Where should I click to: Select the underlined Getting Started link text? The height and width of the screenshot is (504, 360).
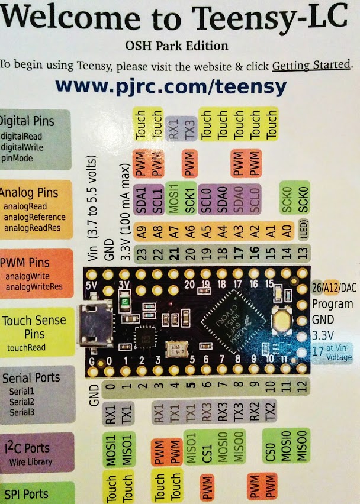[x=311, y=64]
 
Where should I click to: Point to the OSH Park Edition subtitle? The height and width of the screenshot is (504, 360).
[x=176, y=46]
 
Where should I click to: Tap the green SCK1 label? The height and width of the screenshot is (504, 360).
[x=190, y=195]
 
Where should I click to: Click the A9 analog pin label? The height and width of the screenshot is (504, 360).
[x=141, y=232]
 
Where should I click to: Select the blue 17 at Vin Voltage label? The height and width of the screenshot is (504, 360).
[x=332, y=353]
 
